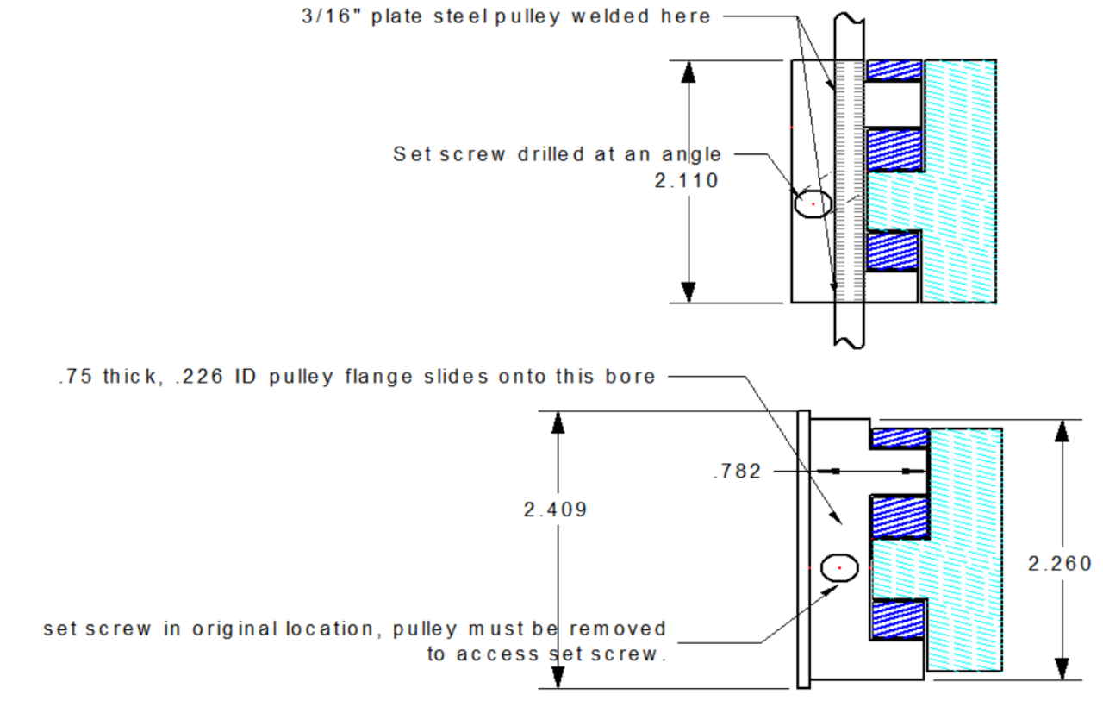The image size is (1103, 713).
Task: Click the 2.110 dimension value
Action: [687, 181]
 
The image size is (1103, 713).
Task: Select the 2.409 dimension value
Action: [555, 510]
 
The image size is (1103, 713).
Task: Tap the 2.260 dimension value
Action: [1059, 563]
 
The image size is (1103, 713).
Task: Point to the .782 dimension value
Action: [738, 472]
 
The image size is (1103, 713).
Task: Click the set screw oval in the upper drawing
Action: [813, 204]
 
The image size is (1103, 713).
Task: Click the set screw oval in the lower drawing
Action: [839, 567]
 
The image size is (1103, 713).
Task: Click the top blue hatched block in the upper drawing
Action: [894, 70]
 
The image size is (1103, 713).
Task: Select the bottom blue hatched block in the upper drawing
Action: [894, 251]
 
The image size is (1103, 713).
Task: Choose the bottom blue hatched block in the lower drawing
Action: [900, 619]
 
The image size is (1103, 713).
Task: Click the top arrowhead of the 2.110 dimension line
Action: [688, 72]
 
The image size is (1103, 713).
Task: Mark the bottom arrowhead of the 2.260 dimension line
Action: [1062, 668]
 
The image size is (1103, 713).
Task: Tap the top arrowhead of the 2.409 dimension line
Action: [558, 422]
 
